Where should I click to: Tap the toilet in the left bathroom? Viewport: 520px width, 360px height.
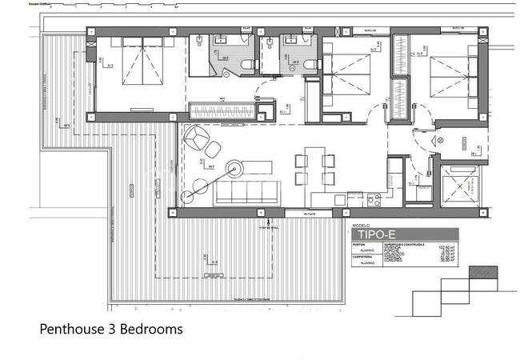(x=247, y=65)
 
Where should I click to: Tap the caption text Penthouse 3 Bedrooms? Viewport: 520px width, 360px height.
(x=111, y=329)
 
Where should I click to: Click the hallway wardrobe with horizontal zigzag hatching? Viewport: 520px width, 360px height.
(x=222, y=109)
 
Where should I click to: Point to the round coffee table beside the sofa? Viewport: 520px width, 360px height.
(x=235, y=167)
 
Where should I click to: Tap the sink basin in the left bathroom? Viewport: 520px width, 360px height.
(x=221, y=40)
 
